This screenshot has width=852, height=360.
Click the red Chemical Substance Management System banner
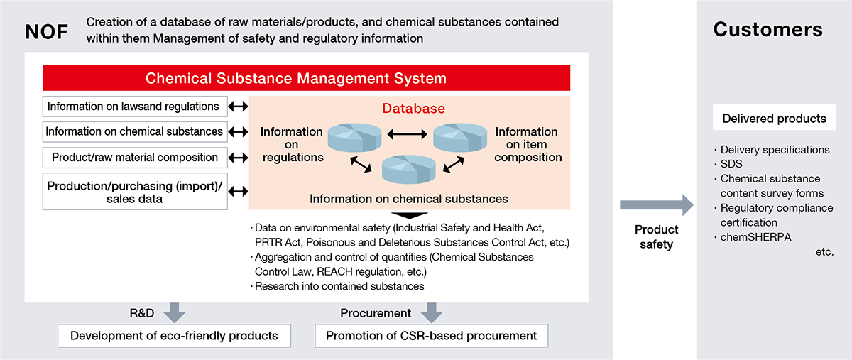[x=306, y=77]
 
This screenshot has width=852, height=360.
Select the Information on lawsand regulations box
[x=135, y=107]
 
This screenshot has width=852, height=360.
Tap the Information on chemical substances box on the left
[x=135, y=131]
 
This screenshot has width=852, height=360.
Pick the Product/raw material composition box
[x=135, y=156]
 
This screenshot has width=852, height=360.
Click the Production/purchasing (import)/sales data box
[x=135, y=192]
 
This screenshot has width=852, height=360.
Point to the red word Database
[x=414, y=109]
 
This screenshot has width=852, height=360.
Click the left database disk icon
[x=355, y=135]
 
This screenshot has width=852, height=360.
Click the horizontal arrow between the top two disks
[x=408, y=133]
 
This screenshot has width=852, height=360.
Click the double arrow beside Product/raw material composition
[x=239, y=156]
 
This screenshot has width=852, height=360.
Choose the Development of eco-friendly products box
[x=174, y=336]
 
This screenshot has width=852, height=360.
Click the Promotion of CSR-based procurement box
[x=431, y=336]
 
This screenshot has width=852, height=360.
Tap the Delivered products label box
[x=773, y=119]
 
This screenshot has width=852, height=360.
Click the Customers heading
[x=768, y=29]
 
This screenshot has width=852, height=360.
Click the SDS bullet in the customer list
[x=731, y=164]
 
